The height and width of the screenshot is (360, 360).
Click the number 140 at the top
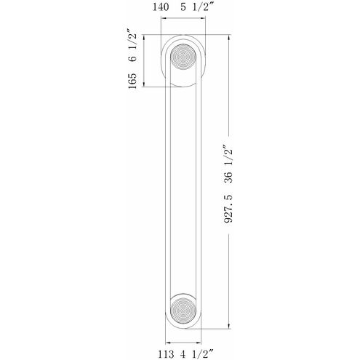pos(161,7)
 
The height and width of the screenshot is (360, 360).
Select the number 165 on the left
pos(132,81)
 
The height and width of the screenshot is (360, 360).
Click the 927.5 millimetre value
pos(228,209)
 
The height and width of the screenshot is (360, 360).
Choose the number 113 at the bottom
pos(166,354)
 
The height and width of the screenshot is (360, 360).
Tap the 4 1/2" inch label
pos(196,354)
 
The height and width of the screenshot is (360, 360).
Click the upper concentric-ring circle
pos(183,57)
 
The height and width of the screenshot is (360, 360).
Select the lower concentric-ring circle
pos(183,310)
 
